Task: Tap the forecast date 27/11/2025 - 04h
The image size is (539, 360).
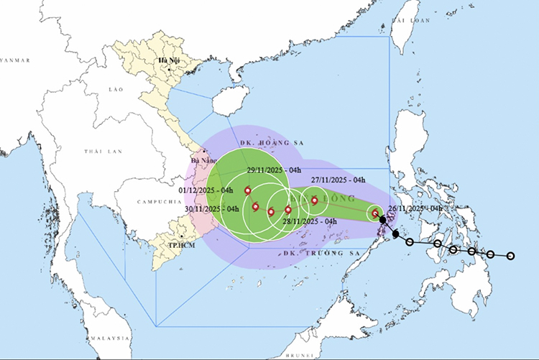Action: [x=338, y=180]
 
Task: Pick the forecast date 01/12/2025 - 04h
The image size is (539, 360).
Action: [x=206, y=190]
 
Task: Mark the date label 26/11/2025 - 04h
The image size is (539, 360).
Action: [x=415, y=208]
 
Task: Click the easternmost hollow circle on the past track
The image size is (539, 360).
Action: [x=511, y=256]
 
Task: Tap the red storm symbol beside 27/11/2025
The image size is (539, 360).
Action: [x=314, y=200]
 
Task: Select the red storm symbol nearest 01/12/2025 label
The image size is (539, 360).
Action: [x=247, y=191]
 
